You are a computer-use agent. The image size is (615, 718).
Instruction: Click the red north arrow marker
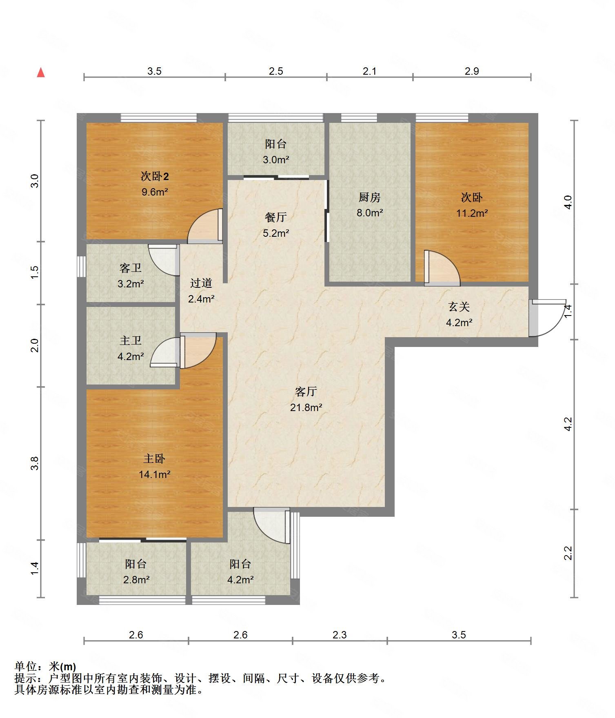click(x=41, y=73)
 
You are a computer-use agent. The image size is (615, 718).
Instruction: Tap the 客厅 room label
click(x=306, y=391)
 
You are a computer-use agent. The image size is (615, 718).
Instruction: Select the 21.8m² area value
click(x=306, y=407)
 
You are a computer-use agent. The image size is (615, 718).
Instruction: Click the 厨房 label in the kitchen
click(x=369, y=197)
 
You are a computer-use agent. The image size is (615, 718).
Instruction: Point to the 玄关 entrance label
click(x=459, y=307)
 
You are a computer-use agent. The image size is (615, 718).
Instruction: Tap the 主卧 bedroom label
click(x=154, y=458)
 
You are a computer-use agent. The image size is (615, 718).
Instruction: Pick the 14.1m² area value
click(x=154, y=474)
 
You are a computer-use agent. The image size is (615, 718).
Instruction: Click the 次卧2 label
click(x=155, y=176)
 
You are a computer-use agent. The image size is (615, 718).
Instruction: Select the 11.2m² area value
click(x=472, y=213)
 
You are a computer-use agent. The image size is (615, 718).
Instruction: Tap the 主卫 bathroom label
click(x=131, y=340)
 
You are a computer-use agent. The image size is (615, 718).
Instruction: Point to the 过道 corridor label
click(x=201, y=283)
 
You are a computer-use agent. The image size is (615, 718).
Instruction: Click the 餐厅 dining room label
click(x=276, y=217)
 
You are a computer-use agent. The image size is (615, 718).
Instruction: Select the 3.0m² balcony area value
click(x=276, y=159)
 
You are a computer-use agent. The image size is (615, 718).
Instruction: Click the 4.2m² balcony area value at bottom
click(x=240, y=579)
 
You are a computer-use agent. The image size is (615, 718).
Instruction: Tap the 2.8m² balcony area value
click(x=136, y=579)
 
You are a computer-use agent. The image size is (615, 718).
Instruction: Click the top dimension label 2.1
click(x=370, y=71)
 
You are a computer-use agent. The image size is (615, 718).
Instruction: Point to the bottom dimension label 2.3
click(x=340, y=635)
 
